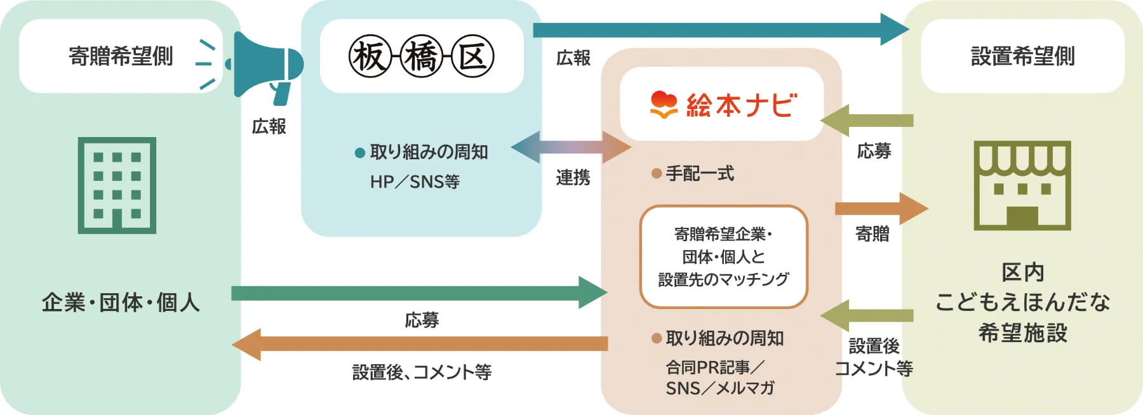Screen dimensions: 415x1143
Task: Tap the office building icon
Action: (x=117, y=185)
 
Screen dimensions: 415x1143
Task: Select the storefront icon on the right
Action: (x=1022, y=185)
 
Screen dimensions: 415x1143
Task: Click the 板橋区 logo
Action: (x=421, y=56)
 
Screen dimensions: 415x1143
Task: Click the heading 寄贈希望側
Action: (x=121, y=56)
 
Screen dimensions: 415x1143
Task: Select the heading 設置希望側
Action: (x=1022, y=56)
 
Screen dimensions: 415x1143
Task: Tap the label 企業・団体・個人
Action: (x=121, y=302)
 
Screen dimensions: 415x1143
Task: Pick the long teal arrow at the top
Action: (x=718, y=29)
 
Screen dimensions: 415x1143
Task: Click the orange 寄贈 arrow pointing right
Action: (x=880, y=208)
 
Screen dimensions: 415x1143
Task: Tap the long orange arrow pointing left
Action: (x=419, y=344)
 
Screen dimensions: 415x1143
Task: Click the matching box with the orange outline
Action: (x=723, y=256)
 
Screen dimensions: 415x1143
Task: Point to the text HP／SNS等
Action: (x=415, y=182)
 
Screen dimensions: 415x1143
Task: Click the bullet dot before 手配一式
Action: (x=657, y=173)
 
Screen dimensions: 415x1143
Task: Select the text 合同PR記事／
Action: (x=714, y=367)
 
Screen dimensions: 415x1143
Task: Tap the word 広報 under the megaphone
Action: (x=269, y=127)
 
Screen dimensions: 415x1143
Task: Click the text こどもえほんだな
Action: (x=1022, y=302)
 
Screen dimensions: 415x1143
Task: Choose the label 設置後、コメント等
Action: (x=422, y=372)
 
